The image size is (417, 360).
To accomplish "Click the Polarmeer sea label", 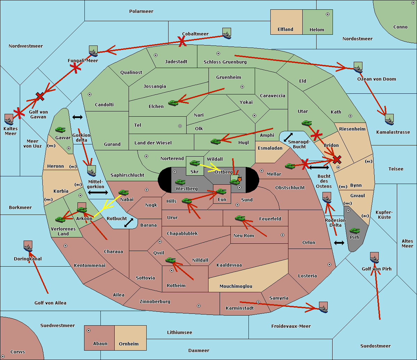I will (x=141, y=11).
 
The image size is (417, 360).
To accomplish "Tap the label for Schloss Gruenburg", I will (x=225, y=62).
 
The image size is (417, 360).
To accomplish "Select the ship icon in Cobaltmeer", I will (x=227, y=34).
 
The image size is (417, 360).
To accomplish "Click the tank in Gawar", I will (x=60, y=130).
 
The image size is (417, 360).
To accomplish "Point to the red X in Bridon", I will (x=337, y=160).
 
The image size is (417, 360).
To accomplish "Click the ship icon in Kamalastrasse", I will (x=389, y=120).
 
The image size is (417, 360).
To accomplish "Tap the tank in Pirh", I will (x=354, y=231).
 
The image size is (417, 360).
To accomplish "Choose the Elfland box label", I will (x=285, y=30).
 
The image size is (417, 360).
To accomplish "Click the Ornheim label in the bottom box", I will (x=129, y=344).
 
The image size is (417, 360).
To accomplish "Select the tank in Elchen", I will (x=173, y=103).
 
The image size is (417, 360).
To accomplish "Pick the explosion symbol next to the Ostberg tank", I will (x=239, y=179).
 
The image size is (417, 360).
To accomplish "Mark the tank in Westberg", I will (x=180, y=182).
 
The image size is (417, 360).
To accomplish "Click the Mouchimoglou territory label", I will (x=236, y=286).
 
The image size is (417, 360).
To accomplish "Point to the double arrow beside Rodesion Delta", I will (x=339, y=243).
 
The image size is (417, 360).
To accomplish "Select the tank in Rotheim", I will (x=170, y=260).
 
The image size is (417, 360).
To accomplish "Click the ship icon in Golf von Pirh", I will (x=374, y=258).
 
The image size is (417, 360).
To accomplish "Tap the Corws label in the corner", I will (x=17, y=352).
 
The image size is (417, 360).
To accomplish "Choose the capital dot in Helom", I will (x=327, y=14).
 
